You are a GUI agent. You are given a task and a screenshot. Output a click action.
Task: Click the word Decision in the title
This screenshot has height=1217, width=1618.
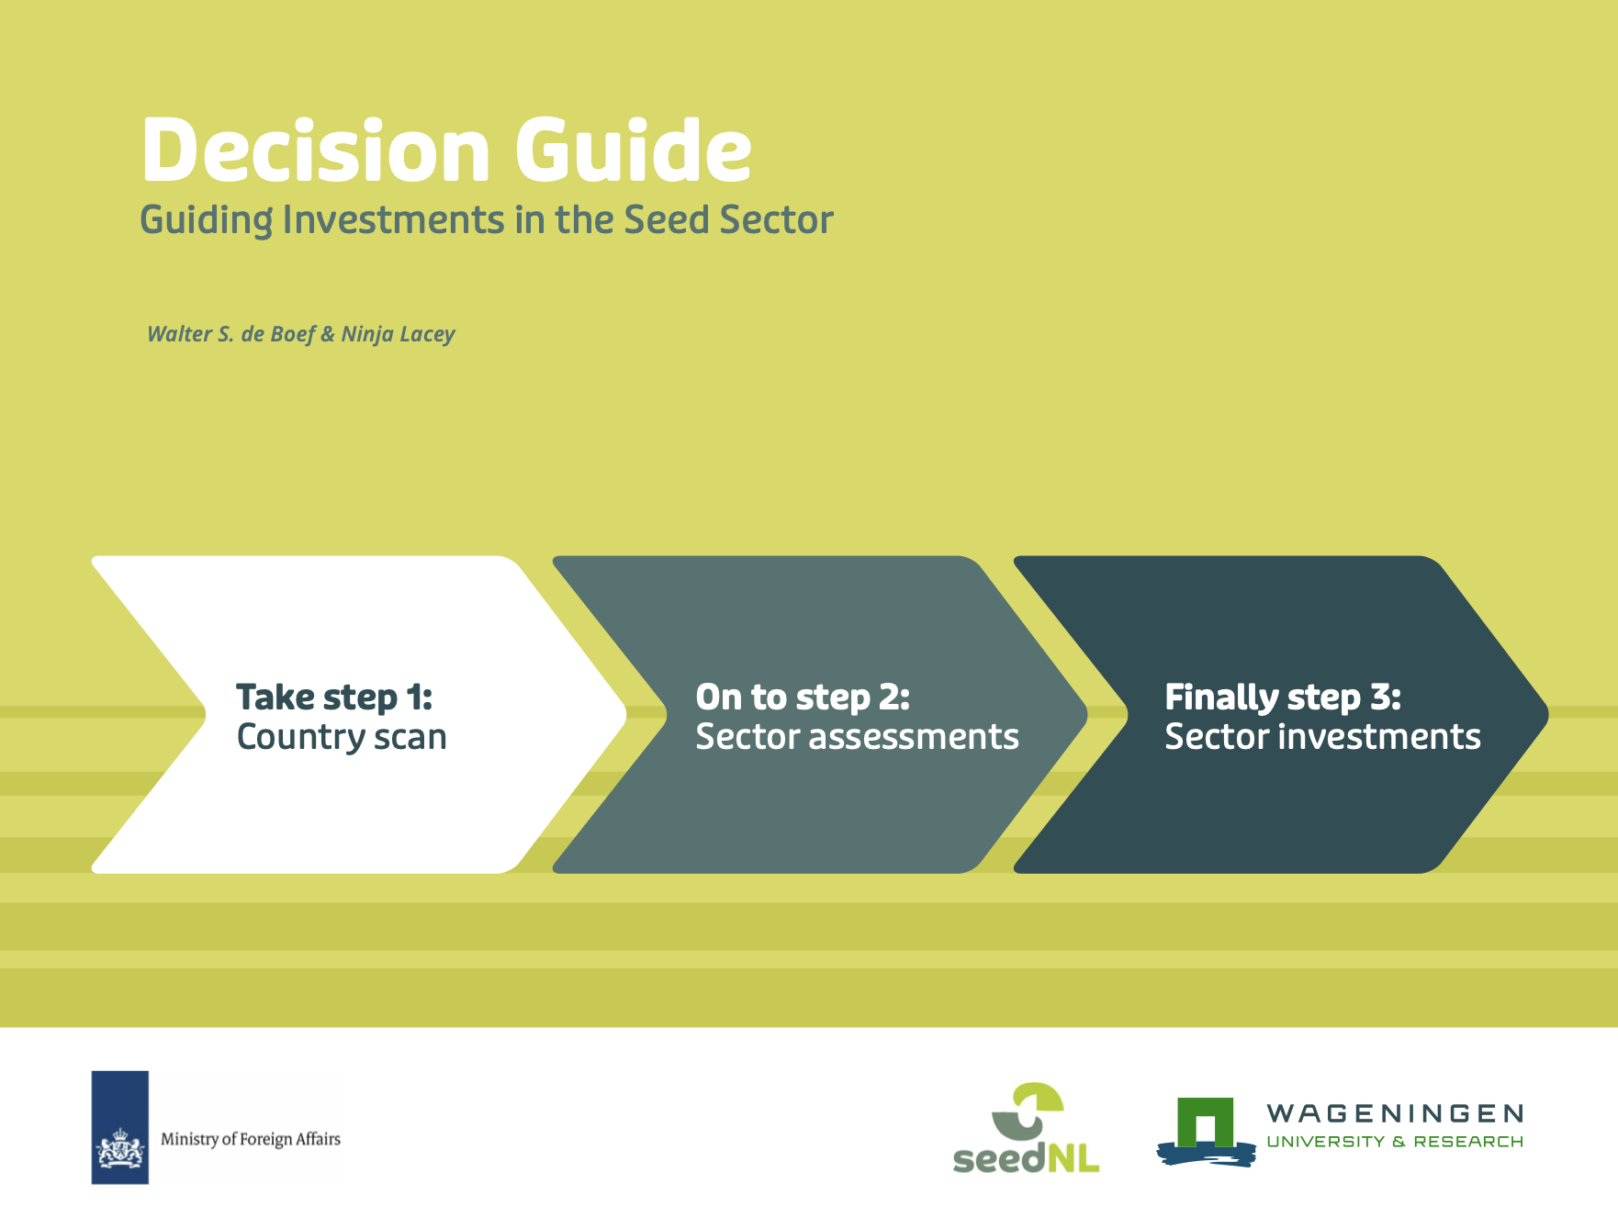[316, 150]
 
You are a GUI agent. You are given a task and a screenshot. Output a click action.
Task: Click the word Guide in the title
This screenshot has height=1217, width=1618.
[634, 150]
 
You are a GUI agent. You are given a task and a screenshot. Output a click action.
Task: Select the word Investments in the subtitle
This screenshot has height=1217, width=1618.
[393, 220]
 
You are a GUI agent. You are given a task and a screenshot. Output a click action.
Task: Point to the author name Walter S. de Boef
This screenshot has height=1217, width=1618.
[231, 334]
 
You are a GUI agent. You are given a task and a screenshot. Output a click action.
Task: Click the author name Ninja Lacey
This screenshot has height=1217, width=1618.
[398, 334]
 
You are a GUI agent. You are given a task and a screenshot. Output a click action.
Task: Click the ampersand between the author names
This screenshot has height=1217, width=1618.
[328, 334]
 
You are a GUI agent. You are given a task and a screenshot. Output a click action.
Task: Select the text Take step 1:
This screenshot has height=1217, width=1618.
[334, 698]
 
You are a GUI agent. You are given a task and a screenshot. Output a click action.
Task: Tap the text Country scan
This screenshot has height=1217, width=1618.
[342, 737]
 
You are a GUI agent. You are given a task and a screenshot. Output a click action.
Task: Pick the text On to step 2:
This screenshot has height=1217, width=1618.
[803, 698]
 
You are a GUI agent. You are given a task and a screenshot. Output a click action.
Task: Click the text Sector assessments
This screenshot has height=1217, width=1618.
[857, 737]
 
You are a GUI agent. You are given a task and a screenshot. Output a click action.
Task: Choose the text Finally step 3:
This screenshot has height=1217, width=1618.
[1283, 698]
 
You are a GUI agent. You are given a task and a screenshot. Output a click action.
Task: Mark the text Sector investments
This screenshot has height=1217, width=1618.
[1322, 737]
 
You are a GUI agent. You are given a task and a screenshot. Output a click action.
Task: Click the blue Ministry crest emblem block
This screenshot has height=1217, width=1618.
[119, 1127]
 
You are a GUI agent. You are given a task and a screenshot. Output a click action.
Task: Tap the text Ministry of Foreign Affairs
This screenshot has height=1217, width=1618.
[251, 1139]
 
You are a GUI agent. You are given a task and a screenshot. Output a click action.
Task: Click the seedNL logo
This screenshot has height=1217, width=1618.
[1027, 1127]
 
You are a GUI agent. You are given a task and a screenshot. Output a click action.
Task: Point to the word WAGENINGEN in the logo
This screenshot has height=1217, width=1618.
[1395, 1114]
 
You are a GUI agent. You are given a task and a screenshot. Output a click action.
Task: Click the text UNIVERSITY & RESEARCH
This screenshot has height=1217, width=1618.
[1395, 1142]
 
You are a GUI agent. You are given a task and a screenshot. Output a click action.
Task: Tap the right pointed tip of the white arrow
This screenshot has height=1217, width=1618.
[626, 714]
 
